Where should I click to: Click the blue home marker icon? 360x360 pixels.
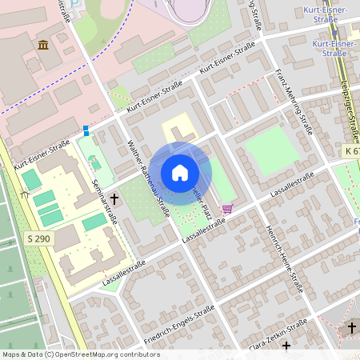pos(180,172)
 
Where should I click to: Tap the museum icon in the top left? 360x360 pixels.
pos(42,44)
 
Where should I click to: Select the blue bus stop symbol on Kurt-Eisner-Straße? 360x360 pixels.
pos(86,130)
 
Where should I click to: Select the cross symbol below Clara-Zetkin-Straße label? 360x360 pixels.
pos(286,345)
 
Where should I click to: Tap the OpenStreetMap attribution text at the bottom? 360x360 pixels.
pos(81,354)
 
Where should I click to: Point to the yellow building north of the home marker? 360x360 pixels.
pos(178,128)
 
